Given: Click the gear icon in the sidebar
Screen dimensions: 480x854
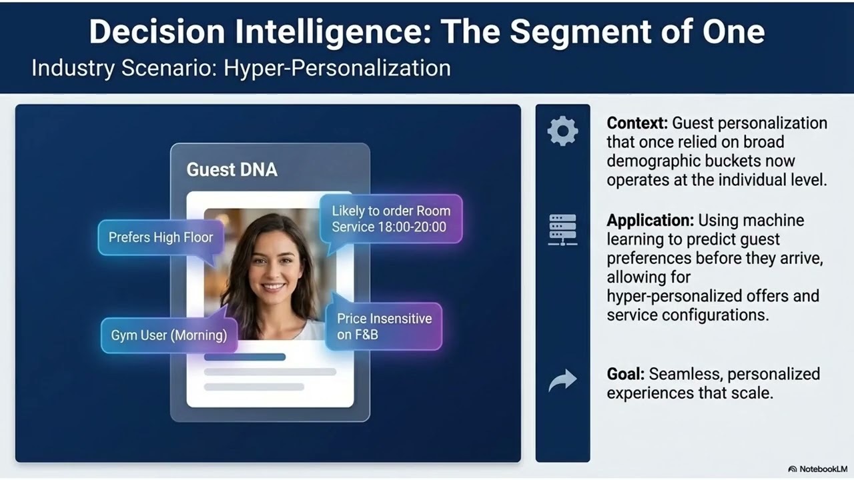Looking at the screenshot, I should point(562,131).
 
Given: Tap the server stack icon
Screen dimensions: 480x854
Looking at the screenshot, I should point(562,229).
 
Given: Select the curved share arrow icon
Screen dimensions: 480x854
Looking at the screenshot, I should point(562,381).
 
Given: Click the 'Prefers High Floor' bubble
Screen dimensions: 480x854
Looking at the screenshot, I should point(160,237).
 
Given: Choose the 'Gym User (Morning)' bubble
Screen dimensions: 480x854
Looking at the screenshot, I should point(169,335).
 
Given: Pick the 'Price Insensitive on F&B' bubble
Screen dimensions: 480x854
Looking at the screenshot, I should point(384,327).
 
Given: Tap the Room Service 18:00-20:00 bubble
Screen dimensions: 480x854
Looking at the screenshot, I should point(391,219).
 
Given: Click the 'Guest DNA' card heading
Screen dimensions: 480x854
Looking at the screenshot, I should point(232,169).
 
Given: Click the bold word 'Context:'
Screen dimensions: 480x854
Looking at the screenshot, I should point(637,123).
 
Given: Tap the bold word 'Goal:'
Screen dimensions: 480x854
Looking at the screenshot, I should point(625,374).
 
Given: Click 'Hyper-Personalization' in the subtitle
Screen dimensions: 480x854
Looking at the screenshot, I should point(337,68).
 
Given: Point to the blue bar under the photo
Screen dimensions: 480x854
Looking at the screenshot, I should point(244,357).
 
